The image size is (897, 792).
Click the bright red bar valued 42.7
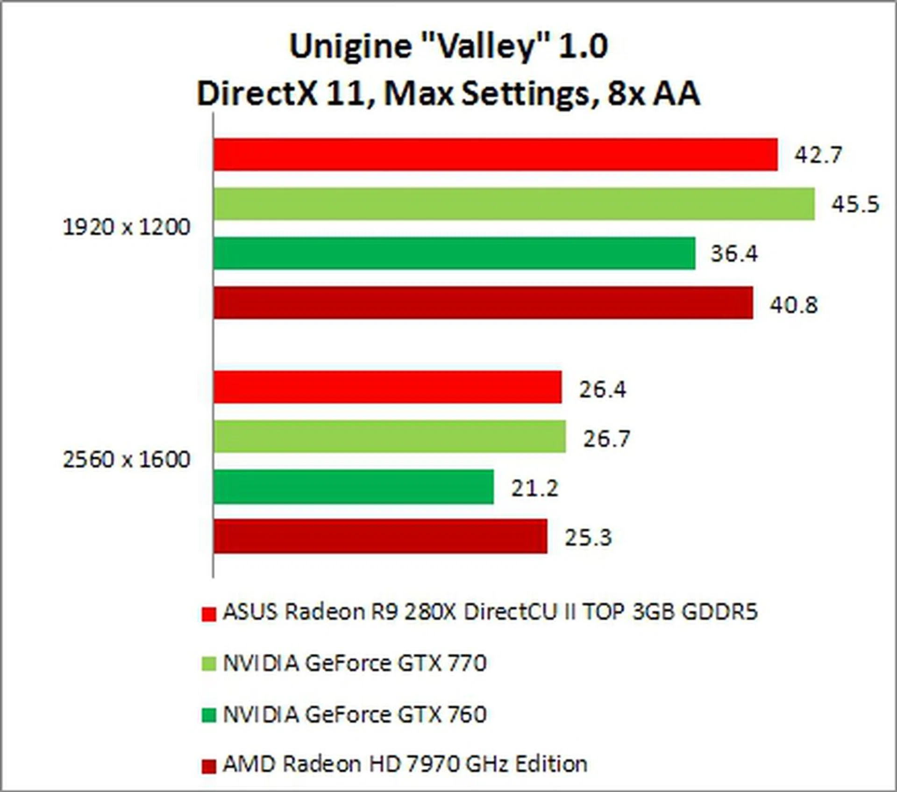(x=495, y=154)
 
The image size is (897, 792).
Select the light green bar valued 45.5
(x=514, y=204)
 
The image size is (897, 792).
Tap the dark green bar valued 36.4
(x=454, y=253)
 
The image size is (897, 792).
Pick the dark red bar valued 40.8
(x=483, y=303)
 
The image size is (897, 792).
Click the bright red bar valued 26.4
(x=388, y=387)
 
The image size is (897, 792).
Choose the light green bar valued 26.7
(x=390, y=437)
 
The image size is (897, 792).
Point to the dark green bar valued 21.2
(x=354, y=487)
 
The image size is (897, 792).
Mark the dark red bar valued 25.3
(x=380, y=536)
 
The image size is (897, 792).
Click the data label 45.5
(x=855, y=204)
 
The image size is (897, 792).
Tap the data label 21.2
(x=534, y=489)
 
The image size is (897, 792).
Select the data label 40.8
(x=794, y=305)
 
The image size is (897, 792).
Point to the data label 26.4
(x=602, y=389)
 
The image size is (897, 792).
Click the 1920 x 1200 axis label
(x=127, y=228)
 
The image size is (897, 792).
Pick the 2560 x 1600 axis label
(x=127, y=460)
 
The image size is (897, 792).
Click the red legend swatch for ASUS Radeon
(x=209, y=614)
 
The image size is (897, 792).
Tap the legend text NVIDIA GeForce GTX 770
(x=355, y=663)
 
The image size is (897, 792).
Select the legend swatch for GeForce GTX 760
(x=209, y=715)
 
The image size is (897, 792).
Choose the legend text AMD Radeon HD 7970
(x=405, y=764)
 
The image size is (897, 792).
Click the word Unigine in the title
(x=350, y=47)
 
